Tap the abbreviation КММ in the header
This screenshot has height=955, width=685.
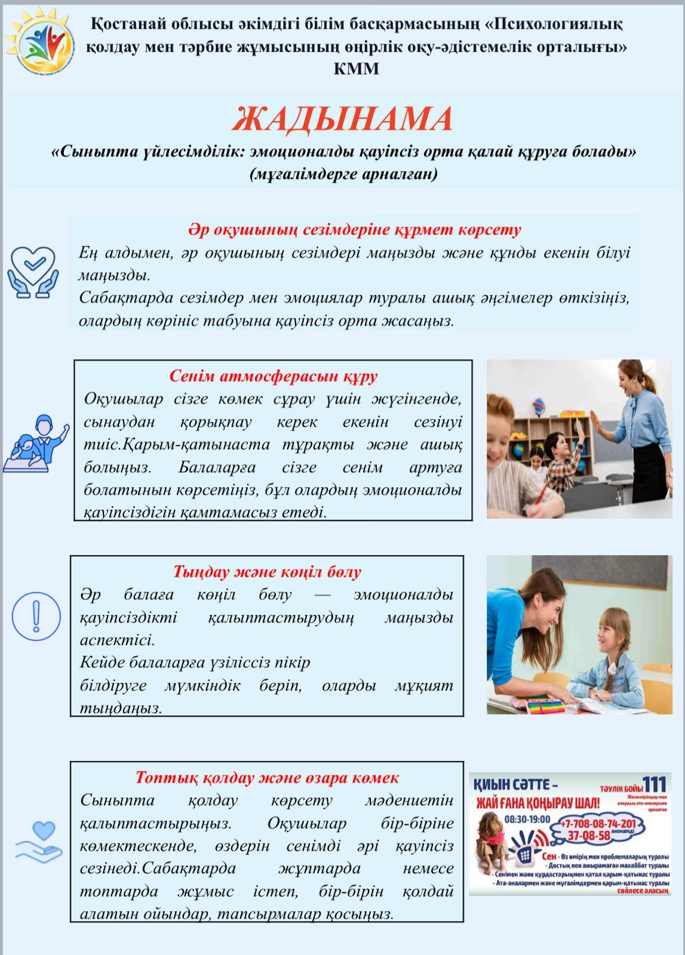(x=356, y=69)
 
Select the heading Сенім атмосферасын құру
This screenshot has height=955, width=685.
(x=273, y=376)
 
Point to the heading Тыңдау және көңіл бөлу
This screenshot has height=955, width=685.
(x=267, y=572)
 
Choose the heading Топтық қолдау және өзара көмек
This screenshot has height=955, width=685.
(x=267, y=778)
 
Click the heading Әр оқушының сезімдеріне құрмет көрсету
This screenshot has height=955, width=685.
(x=355, y=230)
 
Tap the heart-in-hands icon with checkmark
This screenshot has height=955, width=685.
(x=33, y=272)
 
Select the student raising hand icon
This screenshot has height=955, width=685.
(x=37, y=443)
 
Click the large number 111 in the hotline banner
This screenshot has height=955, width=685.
(x=654, y=784)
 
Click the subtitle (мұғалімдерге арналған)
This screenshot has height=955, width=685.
(x=343, y=174)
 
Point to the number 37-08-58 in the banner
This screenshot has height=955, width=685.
(x=588, y=836)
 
